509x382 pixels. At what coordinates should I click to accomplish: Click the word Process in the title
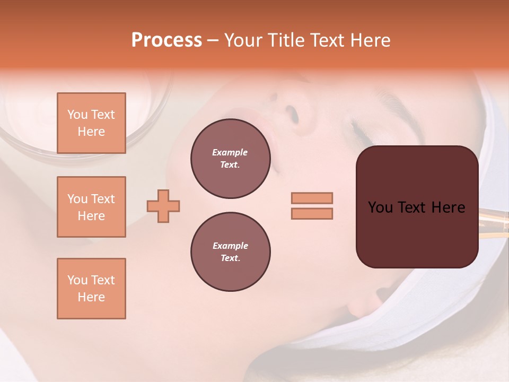click(x=166, y=40)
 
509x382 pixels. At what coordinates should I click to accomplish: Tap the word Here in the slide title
click(x=370, y=40)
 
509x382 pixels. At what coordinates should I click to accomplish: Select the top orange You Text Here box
click(x=91, y=123)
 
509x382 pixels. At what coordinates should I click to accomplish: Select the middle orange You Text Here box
click(x=91, y=207)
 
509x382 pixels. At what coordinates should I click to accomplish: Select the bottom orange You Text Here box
click(x=91, y=289)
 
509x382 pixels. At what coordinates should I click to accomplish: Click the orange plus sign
click(x=163, y=206)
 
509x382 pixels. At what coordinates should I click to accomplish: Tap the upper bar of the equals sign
click(x=312, y=198)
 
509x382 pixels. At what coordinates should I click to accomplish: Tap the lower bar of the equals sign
click(x=312, y=213)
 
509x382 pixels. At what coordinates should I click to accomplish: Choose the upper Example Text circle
click(x=230, y=159)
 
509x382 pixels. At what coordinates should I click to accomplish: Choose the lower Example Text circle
click(x=230, y=252)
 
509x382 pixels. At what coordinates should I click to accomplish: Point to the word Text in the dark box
click(x=409, y=207)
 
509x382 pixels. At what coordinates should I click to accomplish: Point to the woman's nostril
click(x=291, y=112)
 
